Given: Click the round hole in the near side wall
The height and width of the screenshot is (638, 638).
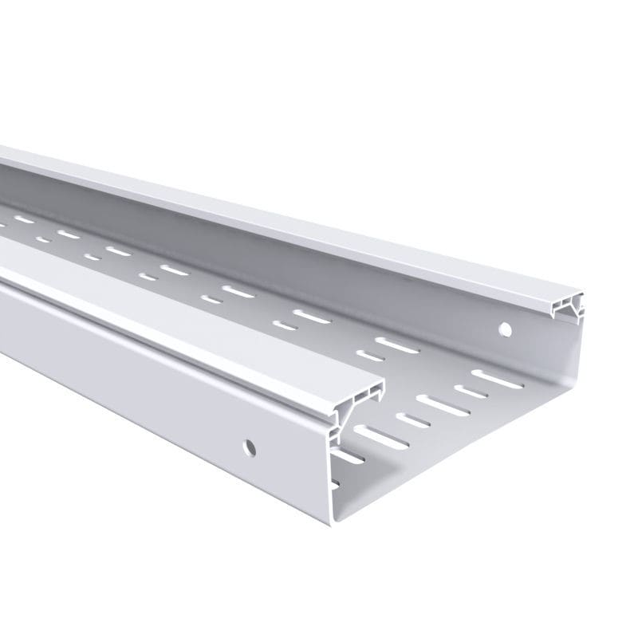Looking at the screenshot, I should [x=250, y=447].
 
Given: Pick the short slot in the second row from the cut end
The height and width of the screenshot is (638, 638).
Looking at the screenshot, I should [x=370, y=356].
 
